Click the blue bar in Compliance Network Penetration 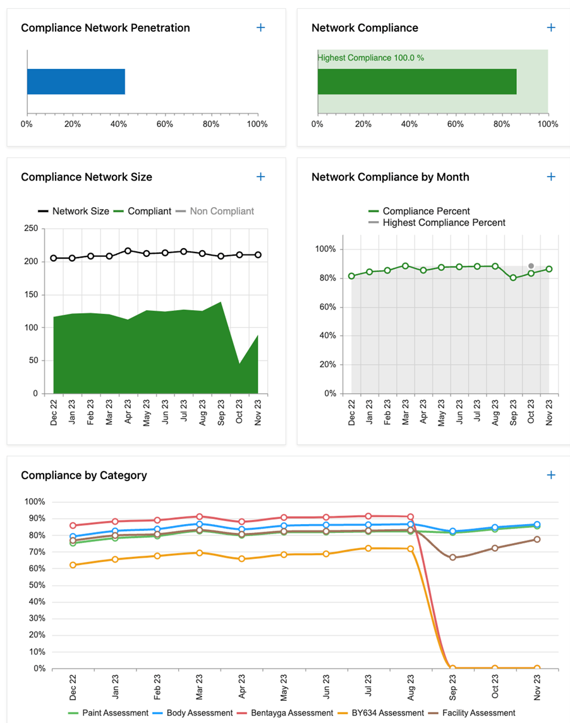pyautogui.click(x=76, y=81)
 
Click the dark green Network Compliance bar pyautogui.click(x=417, y=81)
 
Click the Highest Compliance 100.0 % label pyautogui.click(x=371, y=58)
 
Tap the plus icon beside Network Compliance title pyautogui.click(x=551, y=28)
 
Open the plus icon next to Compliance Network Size pyautogui.click(x=260, y=177)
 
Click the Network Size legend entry pyautogui.click(x=73, y=211)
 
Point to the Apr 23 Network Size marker pyautogui.click(x=128, y=251)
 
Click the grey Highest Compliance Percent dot pyautogui.click(x=531, y=266)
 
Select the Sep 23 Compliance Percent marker pyautogui.click(x=513, y=278)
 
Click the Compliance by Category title pyautogui.click(x=84, y=475)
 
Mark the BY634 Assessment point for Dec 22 pyautogui.click(x=73, y=565)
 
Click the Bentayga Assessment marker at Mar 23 pyautogui.click(x=200, y=517)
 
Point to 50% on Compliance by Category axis pyautogui.click(x=35, y=585)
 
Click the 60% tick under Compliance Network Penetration pyautogui.click(x=165, y=124)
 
